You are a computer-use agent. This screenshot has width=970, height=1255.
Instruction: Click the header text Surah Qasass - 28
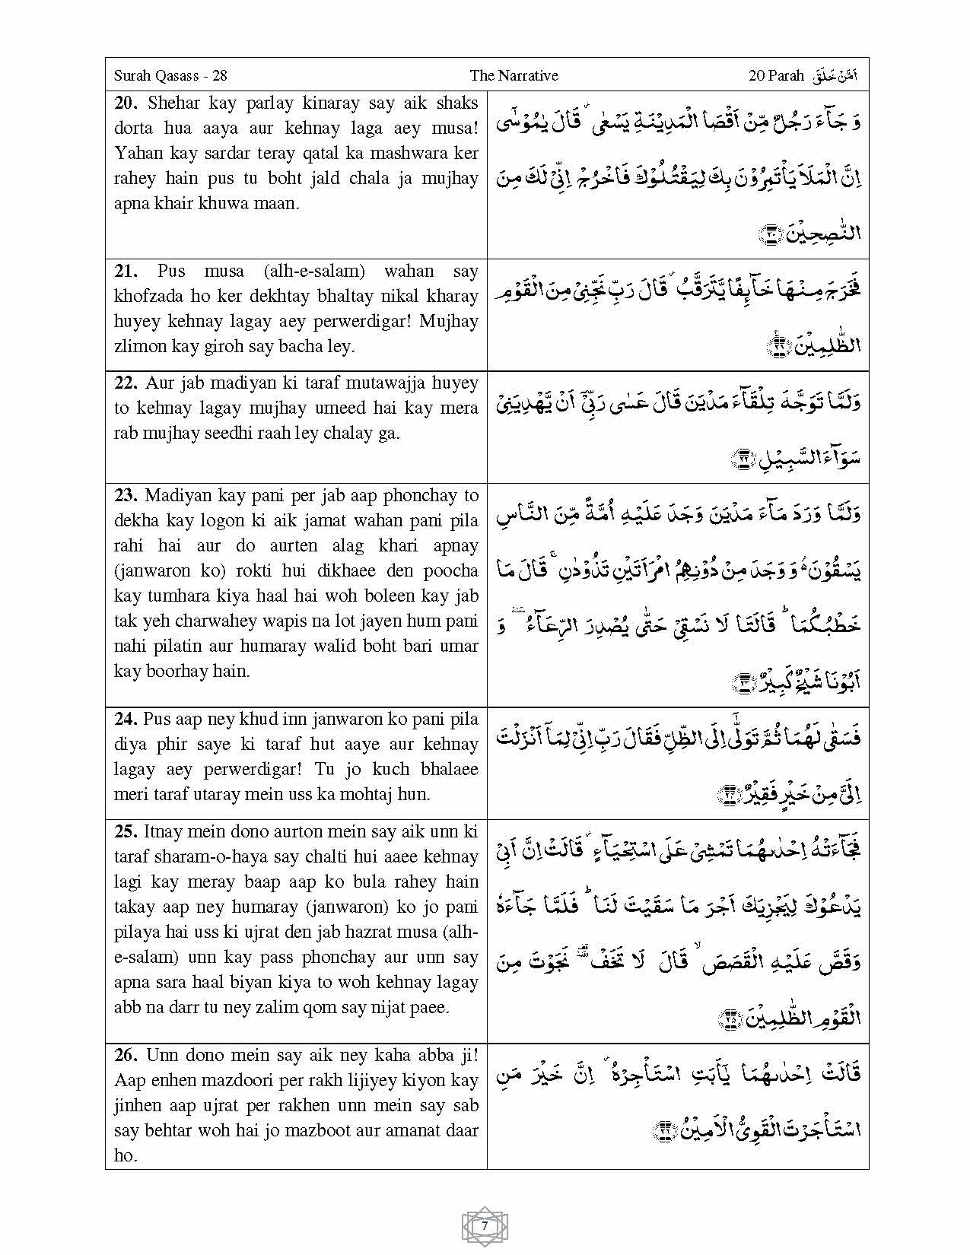(170, 75)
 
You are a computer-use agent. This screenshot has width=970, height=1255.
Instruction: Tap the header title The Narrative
(514, 75)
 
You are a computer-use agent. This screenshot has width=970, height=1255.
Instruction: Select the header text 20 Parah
(776, 75)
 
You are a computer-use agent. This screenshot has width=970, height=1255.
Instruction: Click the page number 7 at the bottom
(485, 1226)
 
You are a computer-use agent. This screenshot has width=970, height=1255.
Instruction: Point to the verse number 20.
(126, 103)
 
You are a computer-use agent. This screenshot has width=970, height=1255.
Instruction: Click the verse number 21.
(126, 271)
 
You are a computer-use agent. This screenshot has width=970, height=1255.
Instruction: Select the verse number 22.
(126, 383)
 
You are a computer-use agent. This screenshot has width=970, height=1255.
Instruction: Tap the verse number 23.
(126, 495)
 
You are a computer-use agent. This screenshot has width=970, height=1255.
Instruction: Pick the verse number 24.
(126, 719)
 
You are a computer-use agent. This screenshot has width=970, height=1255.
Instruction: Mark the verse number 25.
(126, 831)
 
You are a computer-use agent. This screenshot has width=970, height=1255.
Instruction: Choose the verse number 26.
(126, 1055)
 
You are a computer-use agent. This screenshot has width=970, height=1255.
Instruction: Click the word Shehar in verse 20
(174, 103)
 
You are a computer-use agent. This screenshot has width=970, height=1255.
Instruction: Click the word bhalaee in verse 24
(450, 769)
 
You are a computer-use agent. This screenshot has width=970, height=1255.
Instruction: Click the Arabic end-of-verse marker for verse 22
(742, 459)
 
